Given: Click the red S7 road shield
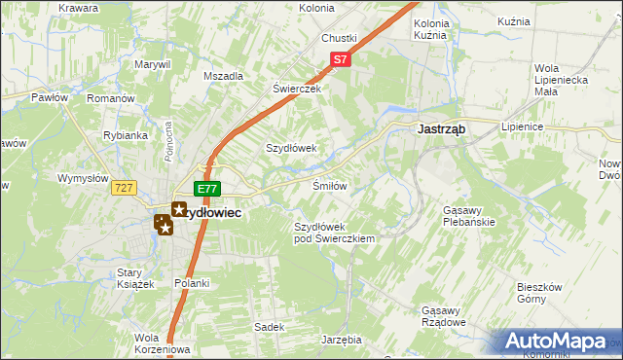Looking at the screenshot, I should [340, 59].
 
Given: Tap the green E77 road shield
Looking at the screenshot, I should [206, 189].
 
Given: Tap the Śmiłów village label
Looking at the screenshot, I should [329, 185].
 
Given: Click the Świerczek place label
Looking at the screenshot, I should [297, 87].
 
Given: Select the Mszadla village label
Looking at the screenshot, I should [223, 76].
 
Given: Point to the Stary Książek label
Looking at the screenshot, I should [136, 277].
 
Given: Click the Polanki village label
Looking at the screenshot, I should [192, 283].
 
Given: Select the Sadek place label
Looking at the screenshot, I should [268, 327].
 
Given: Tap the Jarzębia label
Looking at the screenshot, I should [341, 340].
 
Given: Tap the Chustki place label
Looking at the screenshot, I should [339, 38].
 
